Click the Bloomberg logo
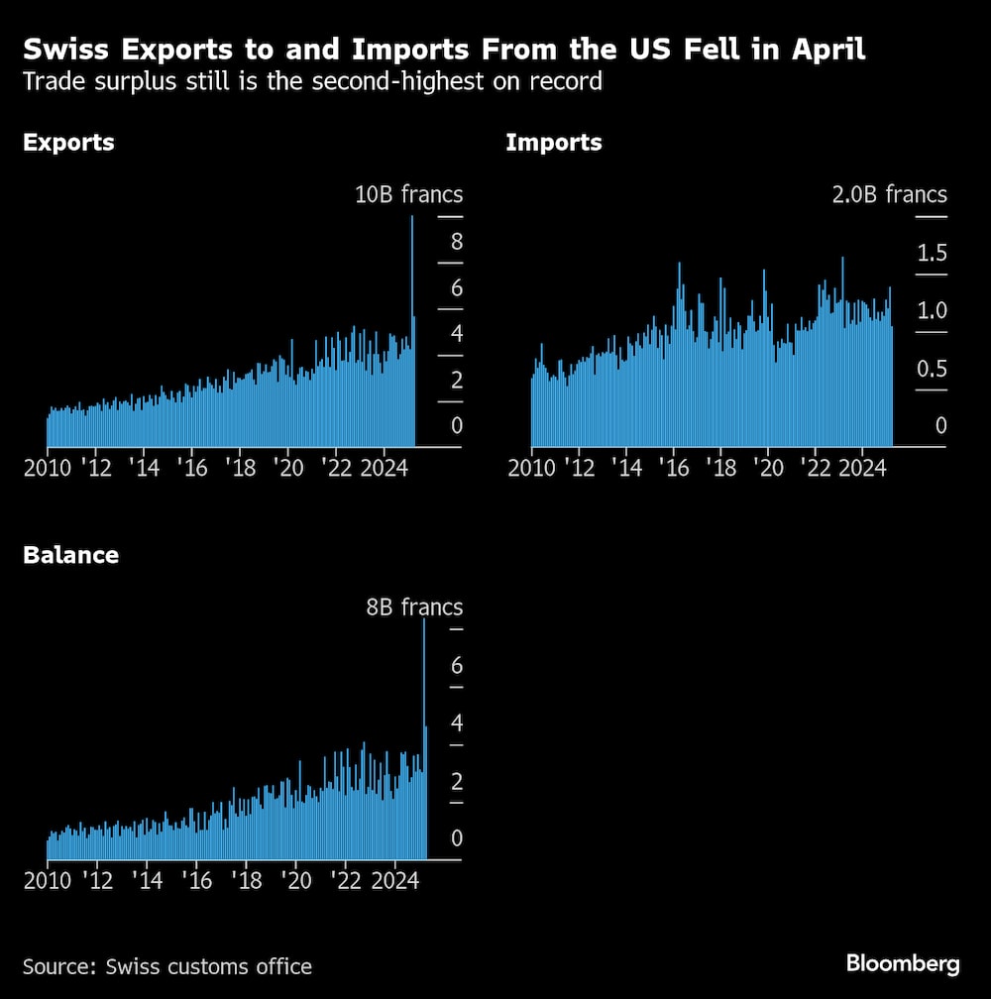coord(902,963)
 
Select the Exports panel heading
coord(68,143)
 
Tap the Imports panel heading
coord(553,143)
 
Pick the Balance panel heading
coord(70,555)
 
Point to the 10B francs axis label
coord(408,194)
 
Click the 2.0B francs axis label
coord(889,194)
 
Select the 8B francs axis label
coord(414,607)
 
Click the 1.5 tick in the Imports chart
coord(932,254)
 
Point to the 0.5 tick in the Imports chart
coord(932,370)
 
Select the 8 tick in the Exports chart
coord(456,241)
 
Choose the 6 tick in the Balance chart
coord(457,665)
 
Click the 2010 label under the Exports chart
coord(47,467)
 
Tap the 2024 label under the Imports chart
coord(861,467)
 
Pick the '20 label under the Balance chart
coord(295,879)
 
